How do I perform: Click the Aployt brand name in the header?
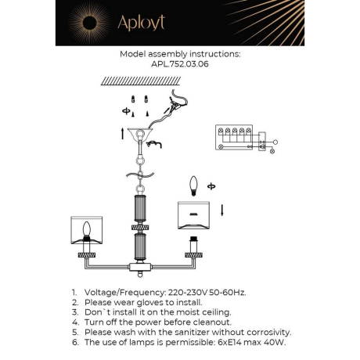pyautogui.click(x=141, y=23)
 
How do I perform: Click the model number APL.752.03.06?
pyautogui.click(x=179, y=66)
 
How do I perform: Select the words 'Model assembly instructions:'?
pyautogui.click(x=179, y=56)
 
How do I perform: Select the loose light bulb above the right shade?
pyautogui.click(x=193, y=185)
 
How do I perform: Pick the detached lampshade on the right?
pyautogui.click(x=193, y=215)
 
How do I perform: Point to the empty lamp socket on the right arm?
pyautogui.click(x=192, y=254)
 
